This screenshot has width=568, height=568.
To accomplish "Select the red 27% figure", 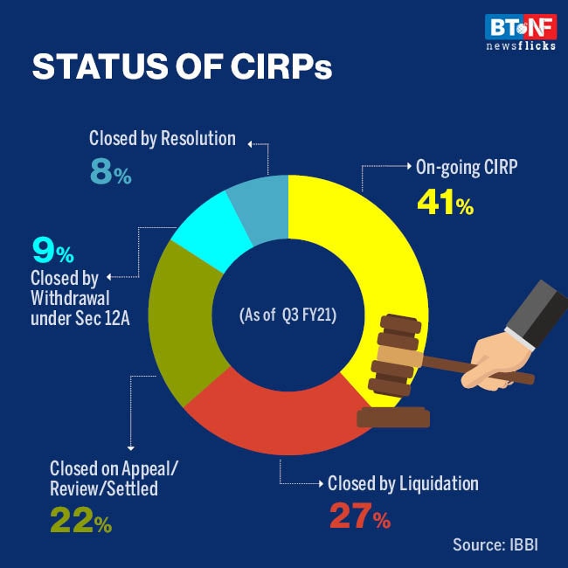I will (359, 518).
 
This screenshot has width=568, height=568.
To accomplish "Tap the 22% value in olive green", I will (80, 522).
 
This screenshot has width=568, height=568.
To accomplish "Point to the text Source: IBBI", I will (496, 544).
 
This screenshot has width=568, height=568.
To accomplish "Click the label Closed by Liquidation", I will (403, 483).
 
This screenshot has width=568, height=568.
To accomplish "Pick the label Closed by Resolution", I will (162, 138).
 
